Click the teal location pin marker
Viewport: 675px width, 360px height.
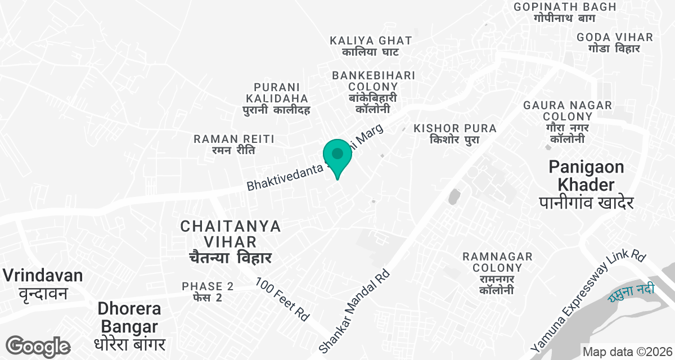[x=337, y=155]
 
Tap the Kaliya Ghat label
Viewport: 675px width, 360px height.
[x=371, y=46]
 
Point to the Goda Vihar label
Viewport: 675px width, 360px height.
[x=615, y=43]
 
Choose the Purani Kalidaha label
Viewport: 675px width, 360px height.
[x=277, y=98]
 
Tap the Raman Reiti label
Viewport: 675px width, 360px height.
[x=234, y=145]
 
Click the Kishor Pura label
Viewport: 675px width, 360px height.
[x=455, y=134]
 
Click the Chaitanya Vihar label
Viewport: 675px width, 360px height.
[x=231, y=242]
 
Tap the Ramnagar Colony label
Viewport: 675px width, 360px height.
[x=497, y=273]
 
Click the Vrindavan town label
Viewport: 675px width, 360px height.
[x=43, y=284]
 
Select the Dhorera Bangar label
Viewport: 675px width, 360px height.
[x=129, y=326]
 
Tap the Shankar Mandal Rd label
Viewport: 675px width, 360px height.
[x=355, y=310]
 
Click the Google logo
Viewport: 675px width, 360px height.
[x=38, y=347]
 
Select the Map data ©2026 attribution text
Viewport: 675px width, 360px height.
[x=627, y=352]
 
